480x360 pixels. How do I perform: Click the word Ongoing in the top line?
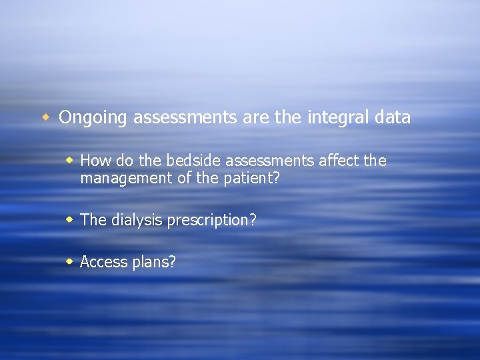[x=93, y=118]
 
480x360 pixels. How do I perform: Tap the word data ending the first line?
[x=393, y=118]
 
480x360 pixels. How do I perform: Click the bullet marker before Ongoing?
[x=46, y=118]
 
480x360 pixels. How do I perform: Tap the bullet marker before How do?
[x=69, y=161]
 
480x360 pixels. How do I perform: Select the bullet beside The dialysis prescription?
[x=69, y=219]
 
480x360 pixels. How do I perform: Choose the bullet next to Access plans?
[x=69, y=261]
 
